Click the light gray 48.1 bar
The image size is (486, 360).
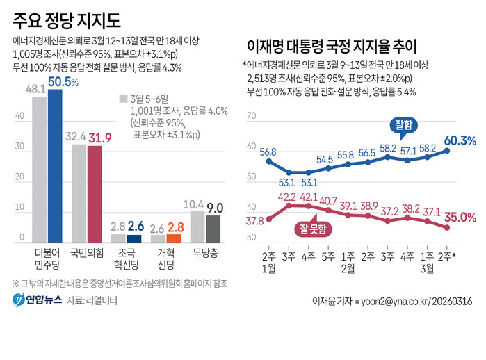click(40, 169)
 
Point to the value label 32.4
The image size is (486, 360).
click(76, 137)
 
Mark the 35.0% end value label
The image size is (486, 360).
click(460, 218)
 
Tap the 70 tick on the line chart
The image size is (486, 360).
click(251, 117)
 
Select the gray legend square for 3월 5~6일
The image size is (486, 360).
click(122, 98)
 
